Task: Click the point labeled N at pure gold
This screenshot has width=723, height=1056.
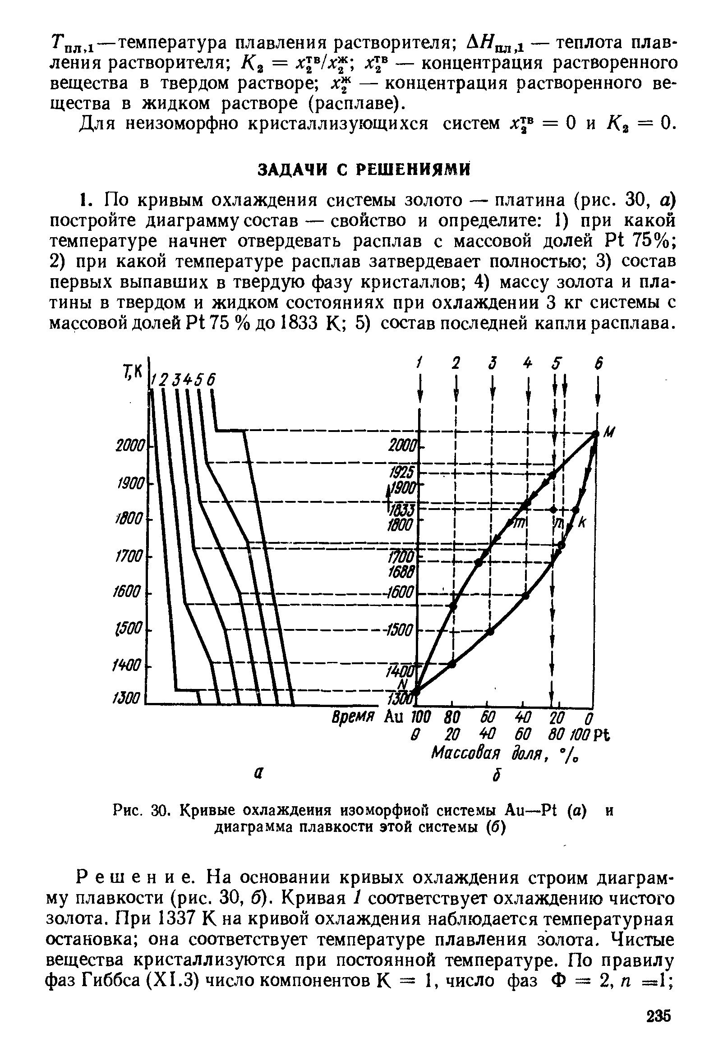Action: point(416,691)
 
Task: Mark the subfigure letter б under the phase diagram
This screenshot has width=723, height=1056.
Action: point(497,776)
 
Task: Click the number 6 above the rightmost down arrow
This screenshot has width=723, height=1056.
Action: point(599,363)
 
